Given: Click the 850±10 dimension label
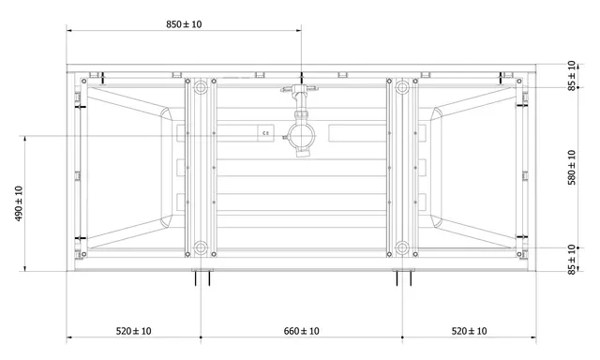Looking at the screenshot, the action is coord(184,24).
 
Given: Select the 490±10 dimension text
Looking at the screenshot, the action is coord(19,203).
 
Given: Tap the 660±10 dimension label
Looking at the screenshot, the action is coord(302,331).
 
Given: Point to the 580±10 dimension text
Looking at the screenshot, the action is coord(572,168).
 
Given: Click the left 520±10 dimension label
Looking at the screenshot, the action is coord(133,331).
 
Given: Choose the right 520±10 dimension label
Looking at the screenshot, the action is coord(469,331).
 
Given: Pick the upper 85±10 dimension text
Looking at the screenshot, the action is coord(572,76).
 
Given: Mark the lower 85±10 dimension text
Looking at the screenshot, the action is coord(572,260).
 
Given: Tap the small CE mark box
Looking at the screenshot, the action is coord(265,133).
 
